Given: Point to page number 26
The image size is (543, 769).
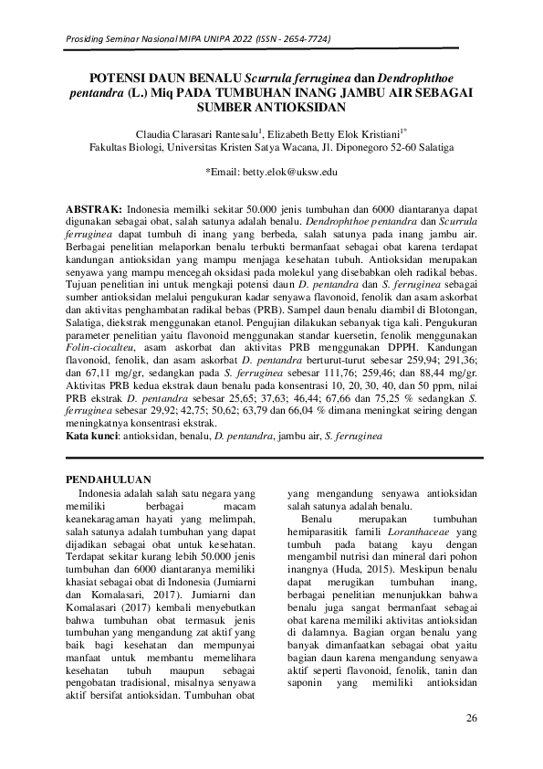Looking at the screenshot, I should pos(472,716).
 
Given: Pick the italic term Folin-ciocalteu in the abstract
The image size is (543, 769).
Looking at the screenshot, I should pos(104,361).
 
